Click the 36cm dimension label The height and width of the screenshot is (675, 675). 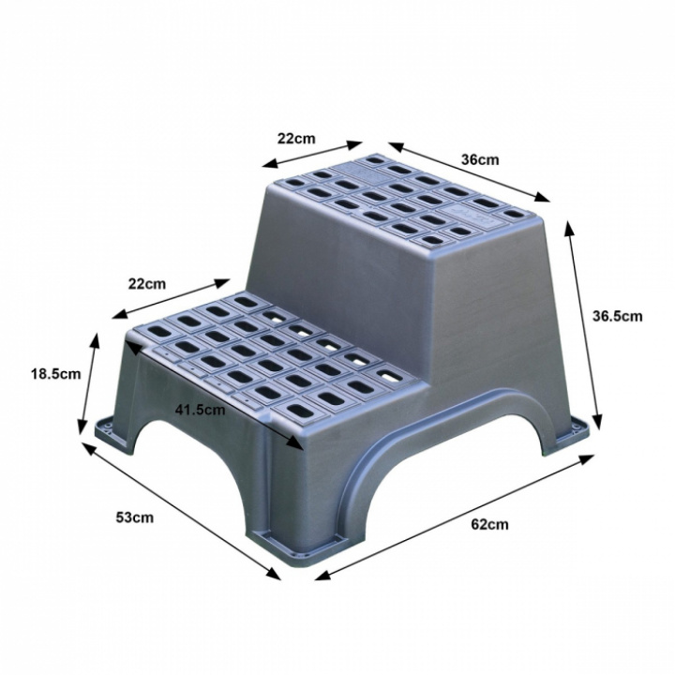pyautogui.click(x=480, y=159)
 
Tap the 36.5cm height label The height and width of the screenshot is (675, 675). pyautogui.click(x=617, y=317)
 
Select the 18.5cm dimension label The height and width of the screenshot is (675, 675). pyautogui.click(x=55, y=374)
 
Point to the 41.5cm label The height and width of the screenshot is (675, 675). pyautogui.click(x=200, y=410)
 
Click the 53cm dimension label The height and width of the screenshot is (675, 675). pyautogui.click(x=134, y=517)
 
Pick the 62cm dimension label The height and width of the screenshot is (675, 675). pyautogui.click(x=489, y=524)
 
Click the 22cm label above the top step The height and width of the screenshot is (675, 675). pyautogui.click(x=296, y=139)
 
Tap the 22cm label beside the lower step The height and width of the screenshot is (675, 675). pyautogui.click(x=147, y=284)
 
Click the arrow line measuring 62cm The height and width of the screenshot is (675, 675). pyautogui.click(x=455, y=517)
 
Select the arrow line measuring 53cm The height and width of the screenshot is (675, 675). pyautogui.click(x=181, y=511)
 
